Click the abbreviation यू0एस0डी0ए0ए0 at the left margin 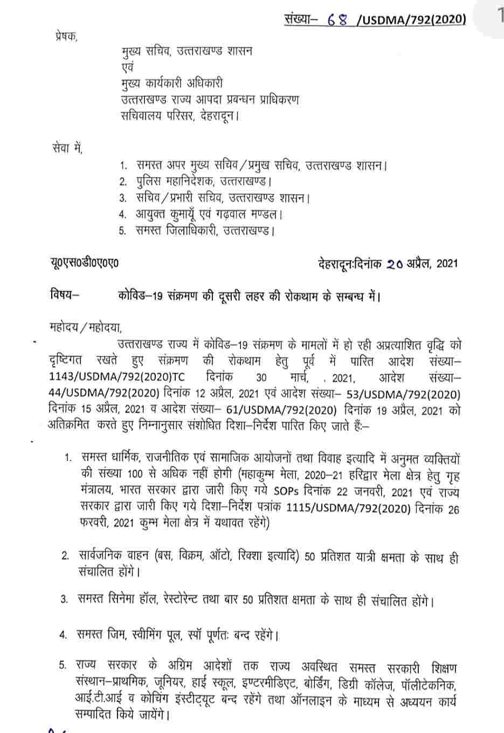coord(82,263)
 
